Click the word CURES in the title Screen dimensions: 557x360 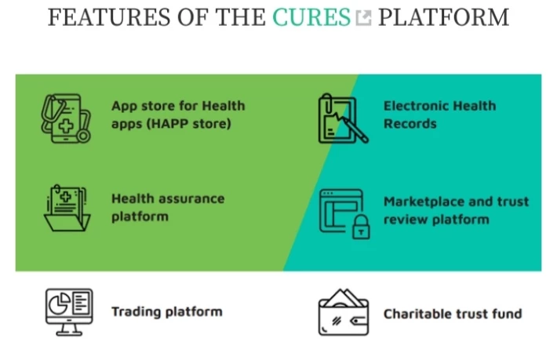(311, 17)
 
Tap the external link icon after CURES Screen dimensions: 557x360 (364, 18)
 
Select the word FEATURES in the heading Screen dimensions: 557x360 (109, 17)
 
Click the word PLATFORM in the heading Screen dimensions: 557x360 (443, 17)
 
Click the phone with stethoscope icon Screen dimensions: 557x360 (66, 118)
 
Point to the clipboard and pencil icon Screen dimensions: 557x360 (343, 118)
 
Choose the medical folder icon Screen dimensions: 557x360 (67, 208)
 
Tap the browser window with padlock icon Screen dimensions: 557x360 (344, 214)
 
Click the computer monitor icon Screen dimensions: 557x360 (69, 312)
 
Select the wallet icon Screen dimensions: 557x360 (343, 312)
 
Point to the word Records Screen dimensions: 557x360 (410, 124)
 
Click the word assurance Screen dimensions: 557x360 (191, 198)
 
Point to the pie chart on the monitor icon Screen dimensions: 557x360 (59, 304)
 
